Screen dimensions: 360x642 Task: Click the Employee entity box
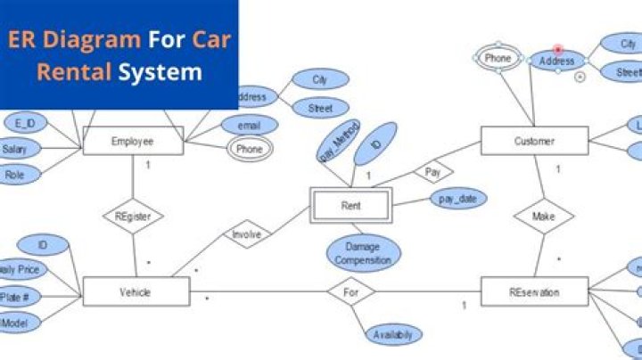pyautogui.click(x=133, y=141)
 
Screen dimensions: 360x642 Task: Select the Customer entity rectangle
pyautogui.click(x=534, y=141)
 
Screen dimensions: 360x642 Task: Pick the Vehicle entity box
pyautogui.click(x=136, y=292)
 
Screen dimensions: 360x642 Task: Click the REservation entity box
pyautogui.click(x=534, y=292)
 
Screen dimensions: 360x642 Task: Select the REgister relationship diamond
pyautogui.click(x=133, y=215)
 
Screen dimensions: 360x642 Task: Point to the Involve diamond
pyautogui.click(x=246, y=234)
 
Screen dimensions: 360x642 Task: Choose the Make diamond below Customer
pyautogui.click(x=544, y=217)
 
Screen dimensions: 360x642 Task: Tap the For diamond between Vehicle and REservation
pyautogui.click(x=350, y=290)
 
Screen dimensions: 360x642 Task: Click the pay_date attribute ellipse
pyautogui.click(x=458, y=198)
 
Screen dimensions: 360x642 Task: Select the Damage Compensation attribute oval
pyautogui.click(x=363, y=255)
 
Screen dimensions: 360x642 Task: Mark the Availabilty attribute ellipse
pyautogui.click(x=393, y=335)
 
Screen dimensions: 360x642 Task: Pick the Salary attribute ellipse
pyautogui.click(x=15, y=149)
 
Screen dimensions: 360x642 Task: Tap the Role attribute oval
pyautogui.click(x=15, y=176)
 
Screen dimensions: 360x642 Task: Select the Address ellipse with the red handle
pyautogui.click(x=558, y=61)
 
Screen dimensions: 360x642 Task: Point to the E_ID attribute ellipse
pyautogui.click(x=26, y=122)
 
